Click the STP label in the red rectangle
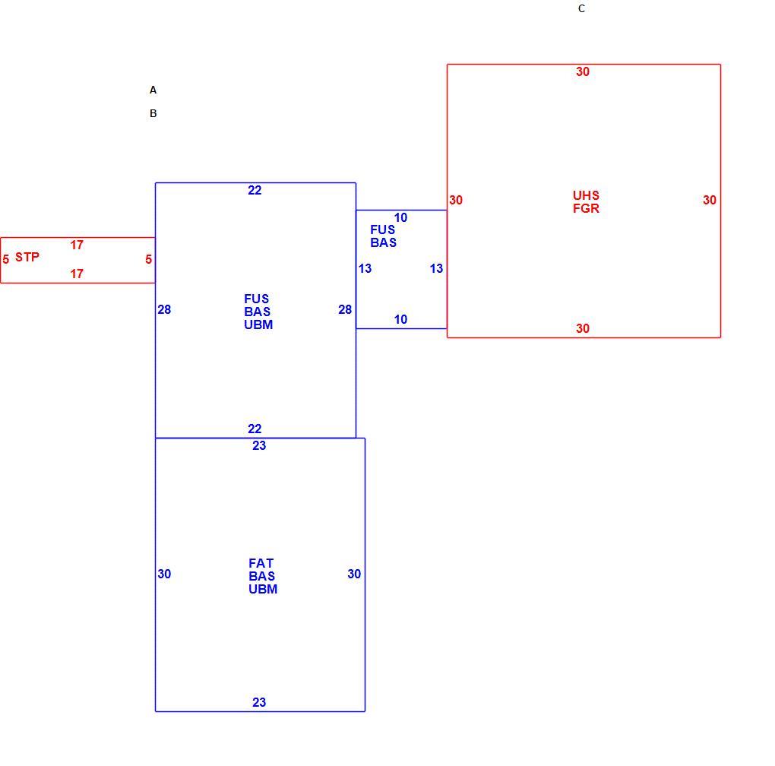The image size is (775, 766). tap(27, 257)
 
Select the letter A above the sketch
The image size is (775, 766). tap(153, 90)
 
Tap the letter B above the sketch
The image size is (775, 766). tap(153, 113)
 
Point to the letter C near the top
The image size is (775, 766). tap(582, 8)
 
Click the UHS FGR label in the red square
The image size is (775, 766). tap(587, 202)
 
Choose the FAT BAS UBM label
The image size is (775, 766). tap(262, 576)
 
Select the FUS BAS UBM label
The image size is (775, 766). tap(258, 312)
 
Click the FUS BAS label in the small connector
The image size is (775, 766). tap(383, 236)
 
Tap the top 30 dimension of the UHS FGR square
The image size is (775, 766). tap(583, 71)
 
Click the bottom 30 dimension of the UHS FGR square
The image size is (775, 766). tap(583, 328)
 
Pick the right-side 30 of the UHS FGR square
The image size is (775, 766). tap(710, 200)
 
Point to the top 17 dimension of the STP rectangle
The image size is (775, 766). tap(77, 245)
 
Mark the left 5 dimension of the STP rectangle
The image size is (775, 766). tap(6, 259)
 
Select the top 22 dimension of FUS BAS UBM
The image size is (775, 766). tap(255, 190)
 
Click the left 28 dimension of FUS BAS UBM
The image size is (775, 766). tap(164, 310)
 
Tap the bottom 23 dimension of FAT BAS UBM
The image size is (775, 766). tap(259, 702)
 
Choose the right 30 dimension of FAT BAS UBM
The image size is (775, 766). tap(354, 574)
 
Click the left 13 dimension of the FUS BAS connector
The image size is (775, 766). tap(365, 269)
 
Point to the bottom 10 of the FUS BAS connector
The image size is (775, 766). tap(401, 320)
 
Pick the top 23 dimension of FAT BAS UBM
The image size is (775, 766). tap(259, 446)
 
